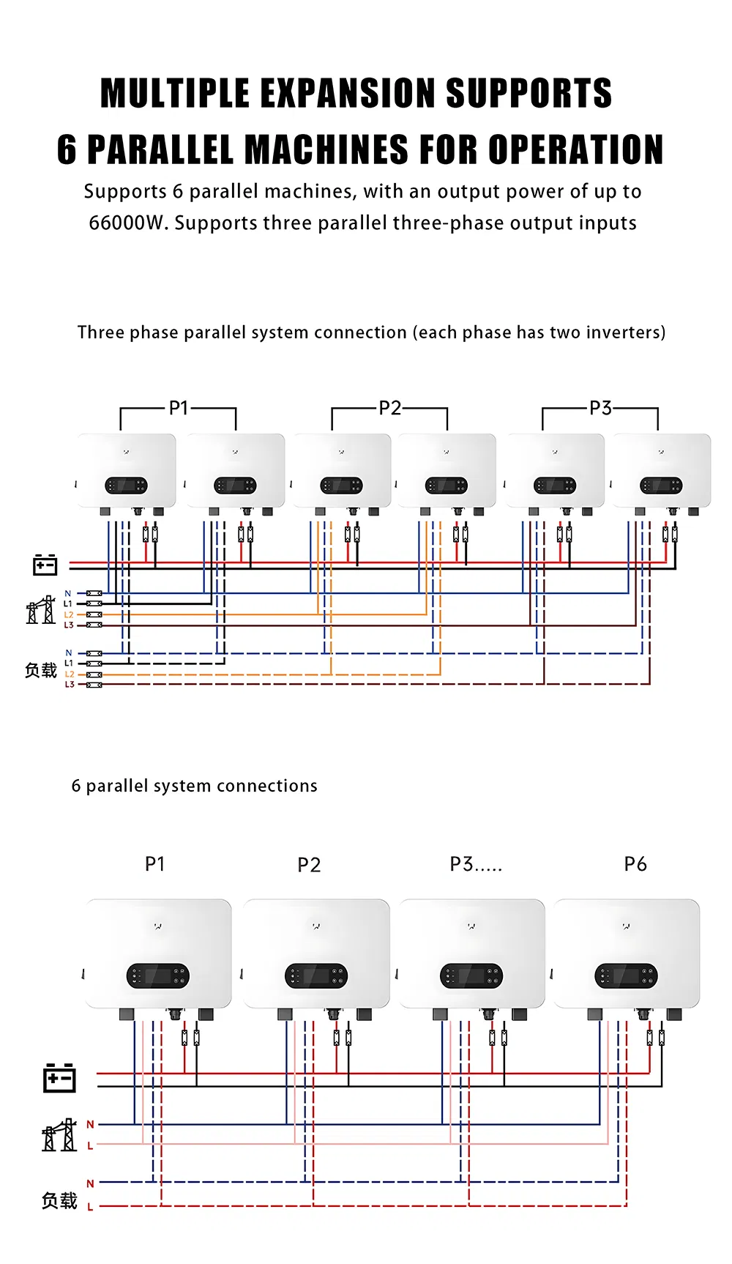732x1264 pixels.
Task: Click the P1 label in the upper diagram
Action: click(x=179, y=408)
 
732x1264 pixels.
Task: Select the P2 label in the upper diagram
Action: click(x=390, y=408)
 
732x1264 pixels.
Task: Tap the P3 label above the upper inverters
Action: click(x=600, y=408)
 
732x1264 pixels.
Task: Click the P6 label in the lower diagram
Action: click(x=635, y=864)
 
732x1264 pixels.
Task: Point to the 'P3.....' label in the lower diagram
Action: click(x=476, y=864)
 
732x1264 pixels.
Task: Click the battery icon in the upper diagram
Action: click(x=45, y=565)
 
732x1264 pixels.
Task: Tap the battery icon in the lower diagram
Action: click(x=59, y=1078)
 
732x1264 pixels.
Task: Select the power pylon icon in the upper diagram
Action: click(x=41, y=610)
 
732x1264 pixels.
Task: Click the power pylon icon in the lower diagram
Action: click(x=59, y=1135)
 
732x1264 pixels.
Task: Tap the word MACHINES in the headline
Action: click(x=326, y=149)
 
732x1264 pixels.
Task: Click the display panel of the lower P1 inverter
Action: click(x=158, y=975)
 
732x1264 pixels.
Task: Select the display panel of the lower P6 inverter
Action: click(x=626, y=975)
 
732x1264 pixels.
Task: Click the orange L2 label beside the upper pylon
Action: click(x=69, y=615)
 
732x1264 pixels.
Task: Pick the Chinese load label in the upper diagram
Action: click(x=41, y=670)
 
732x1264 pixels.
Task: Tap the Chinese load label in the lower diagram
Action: click(x=59, y=1201)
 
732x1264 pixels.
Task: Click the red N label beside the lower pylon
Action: click(x=90, y=1124)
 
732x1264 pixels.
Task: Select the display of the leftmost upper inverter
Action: click(x=126, y=486)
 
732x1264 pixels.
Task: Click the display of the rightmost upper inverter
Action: click(x=661, y=486)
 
